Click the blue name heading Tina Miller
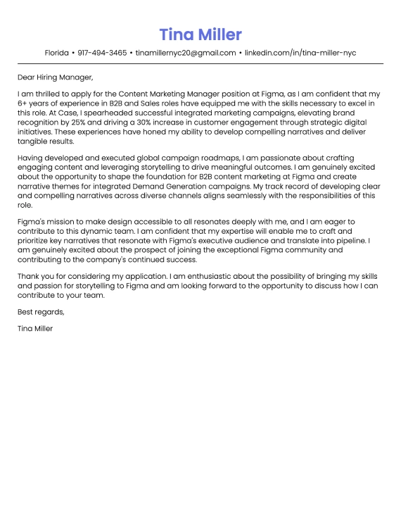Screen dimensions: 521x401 [x=200, y=34]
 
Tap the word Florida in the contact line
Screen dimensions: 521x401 [x=56, y=53]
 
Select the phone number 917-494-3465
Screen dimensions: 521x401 [x=102, y=53]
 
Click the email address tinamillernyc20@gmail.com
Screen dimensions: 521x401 [x=186, y=53]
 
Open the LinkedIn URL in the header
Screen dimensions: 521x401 [x=300, y=53]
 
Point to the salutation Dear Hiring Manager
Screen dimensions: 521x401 [x=56, y=77]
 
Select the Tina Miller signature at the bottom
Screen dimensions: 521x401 [x=36, y=328]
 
